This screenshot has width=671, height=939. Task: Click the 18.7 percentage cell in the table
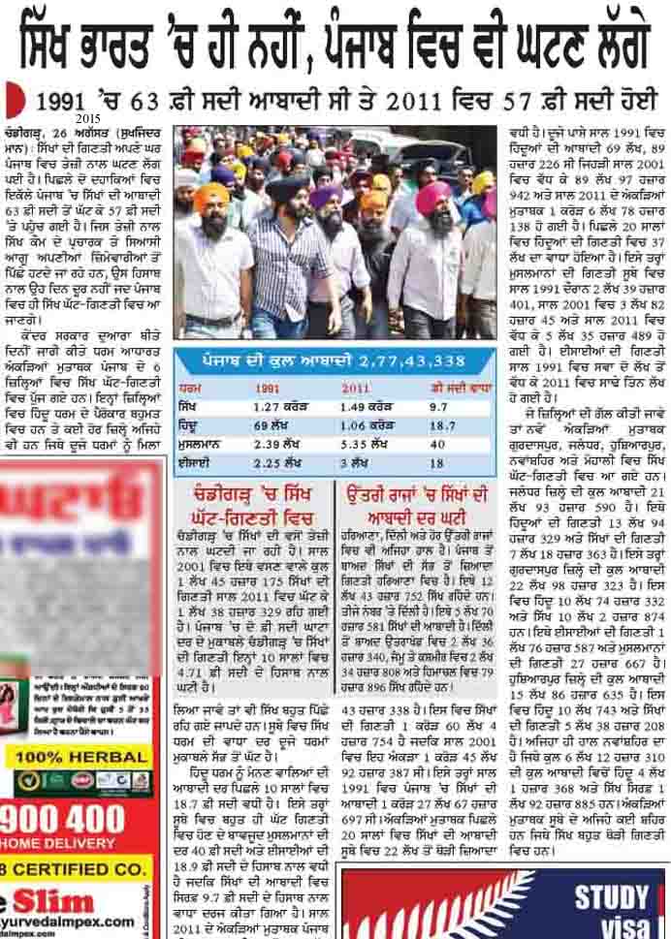tap(441, 425)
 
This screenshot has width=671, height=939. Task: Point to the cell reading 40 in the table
tap(435, 445)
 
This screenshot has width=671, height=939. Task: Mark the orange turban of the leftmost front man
tap(210, 197)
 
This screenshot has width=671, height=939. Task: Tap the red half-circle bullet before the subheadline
tap(12, 99)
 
